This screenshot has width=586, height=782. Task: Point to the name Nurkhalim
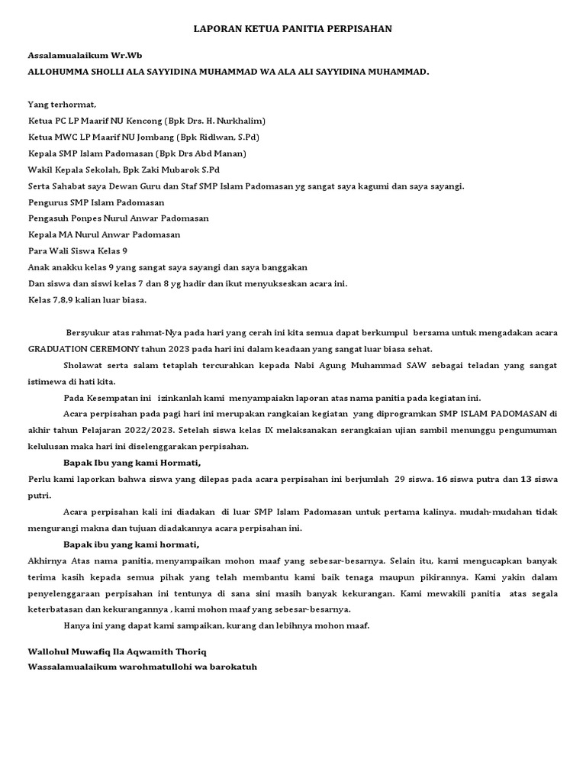click(237, 121)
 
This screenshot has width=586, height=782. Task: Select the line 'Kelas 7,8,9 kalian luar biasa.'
click(87, 299)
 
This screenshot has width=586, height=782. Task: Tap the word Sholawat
click(85, 365)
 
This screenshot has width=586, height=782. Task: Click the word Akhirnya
click(49, 561)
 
